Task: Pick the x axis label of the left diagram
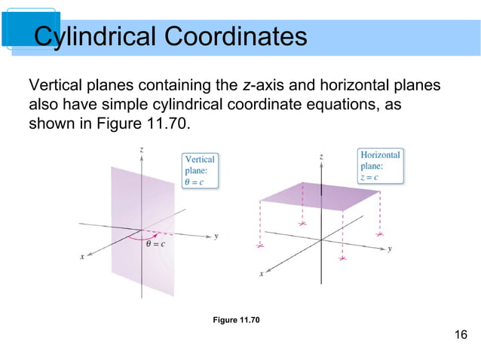(82, 257)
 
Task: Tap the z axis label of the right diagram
(322, 156)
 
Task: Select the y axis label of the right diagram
(390, 249)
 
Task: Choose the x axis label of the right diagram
(262, 273)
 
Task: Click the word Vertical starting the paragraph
(54, 84)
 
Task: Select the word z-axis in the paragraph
(258, 84)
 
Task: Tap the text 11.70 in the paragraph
(164, 121)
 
